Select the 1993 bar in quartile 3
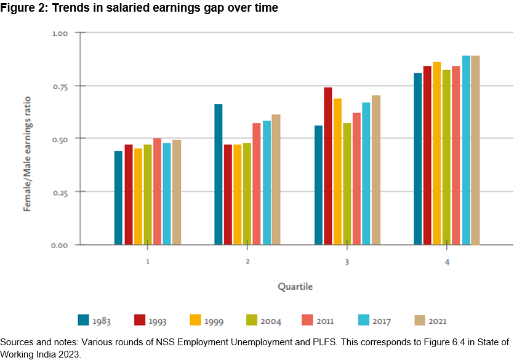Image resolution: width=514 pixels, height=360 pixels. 328,166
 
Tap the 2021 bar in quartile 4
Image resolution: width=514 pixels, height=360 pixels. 475,150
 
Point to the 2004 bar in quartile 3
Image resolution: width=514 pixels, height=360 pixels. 347,184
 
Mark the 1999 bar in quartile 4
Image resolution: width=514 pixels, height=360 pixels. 437,153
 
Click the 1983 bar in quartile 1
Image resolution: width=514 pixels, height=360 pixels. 118,198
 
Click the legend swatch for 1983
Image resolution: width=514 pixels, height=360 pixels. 84,320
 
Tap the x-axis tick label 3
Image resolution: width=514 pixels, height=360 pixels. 347,262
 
